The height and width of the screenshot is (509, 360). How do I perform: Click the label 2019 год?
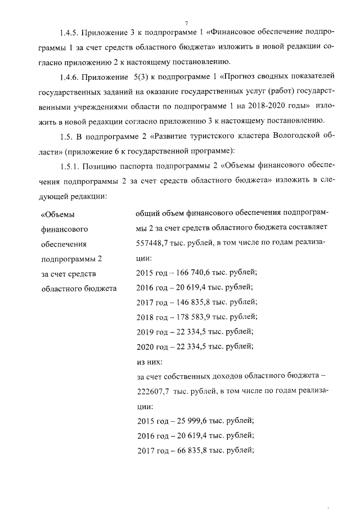click(152, 331)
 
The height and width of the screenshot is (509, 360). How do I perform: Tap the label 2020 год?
click(152, 346)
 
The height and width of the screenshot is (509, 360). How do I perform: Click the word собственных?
click(196, 376)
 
